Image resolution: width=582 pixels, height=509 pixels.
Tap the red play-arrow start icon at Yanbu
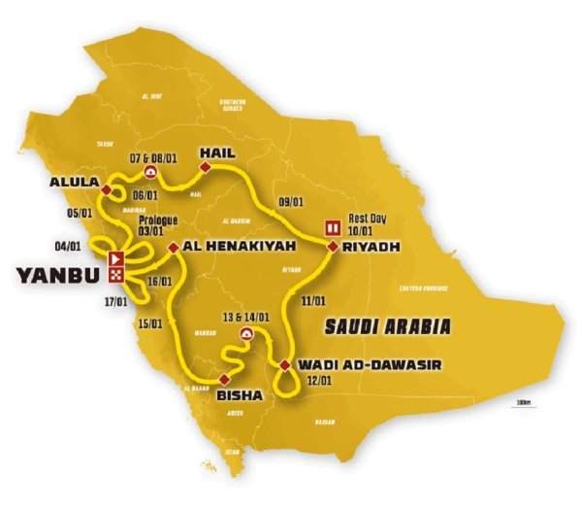coord(116,259)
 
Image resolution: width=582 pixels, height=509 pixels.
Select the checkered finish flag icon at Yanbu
coord(116,275)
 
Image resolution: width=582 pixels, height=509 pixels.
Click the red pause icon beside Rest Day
coord(333,227)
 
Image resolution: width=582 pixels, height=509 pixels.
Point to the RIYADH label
coord(371,248)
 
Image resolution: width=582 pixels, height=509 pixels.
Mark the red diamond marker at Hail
coord(205,168)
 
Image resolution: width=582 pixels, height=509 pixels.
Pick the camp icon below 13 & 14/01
coord(247,334)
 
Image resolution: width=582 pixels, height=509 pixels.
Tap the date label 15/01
coord(150,323)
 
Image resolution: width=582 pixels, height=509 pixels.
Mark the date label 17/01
coord(114,302)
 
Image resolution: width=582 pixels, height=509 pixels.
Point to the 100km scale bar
coord(525,404)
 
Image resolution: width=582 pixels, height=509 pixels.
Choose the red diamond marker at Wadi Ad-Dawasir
coord(284,365)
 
